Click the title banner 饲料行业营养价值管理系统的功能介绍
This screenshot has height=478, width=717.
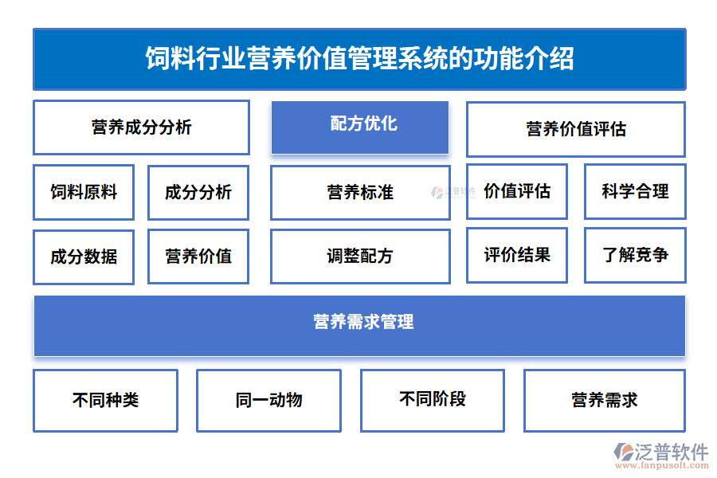click(359, 59)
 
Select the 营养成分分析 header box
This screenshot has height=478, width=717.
click(141, 127)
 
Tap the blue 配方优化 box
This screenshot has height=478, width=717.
click(360, 127)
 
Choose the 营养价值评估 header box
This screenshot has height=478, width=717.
click(575, 129)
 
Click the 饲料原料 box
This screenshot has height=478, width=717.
click(84, 192)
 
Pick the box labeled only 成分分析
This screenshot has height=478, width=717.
click(198, 192)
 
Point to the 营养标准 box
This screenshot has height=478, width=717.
click(360, 192)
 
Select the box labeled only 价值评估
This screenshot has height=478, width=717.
click(517, 191)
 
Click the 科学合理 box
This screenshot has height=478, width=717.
click(635, 191)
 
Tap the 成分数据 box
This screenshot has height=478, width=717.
click(84, 257)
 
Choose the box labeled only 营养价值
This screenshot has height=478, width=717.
click(198, 257)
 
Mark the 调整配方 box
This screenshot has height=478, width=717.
click(360, 257)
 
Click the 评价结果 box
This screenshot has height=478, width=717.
click(517, 255)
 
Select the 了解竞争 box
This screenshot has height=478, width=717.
click(635, 255)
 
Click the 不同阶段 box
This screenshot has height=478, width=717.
click(433, 400)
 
